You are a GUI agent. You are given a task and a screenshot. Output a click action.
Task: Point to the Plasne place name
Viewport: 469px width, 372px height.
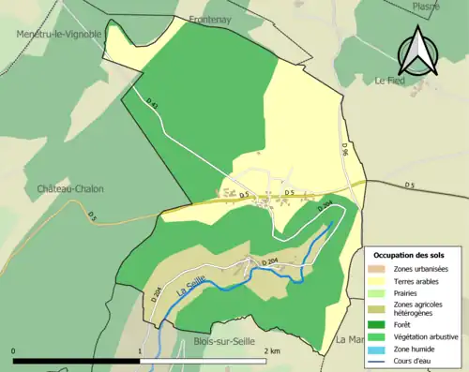[x=426, y=6]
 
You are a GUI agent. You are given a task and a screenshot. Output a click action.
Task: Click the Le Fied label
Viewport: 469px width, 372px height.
[x=389, y=81]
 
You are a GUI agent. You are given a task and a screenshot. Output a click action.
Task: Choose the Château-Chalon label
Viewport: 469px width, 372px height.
[x=70, y=189]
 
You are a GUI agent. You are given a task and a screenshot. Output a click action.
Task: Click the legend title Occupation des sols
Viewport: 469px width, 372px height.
[x=409, y=255]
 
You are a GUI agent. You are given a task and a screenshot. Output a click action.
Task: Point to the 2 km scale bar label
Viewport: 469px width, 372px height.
[x=272, y=350]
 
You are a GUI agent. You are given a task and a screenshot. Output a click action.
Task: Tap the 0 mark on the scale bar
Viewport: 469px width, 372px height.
[x=14, y=350]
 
